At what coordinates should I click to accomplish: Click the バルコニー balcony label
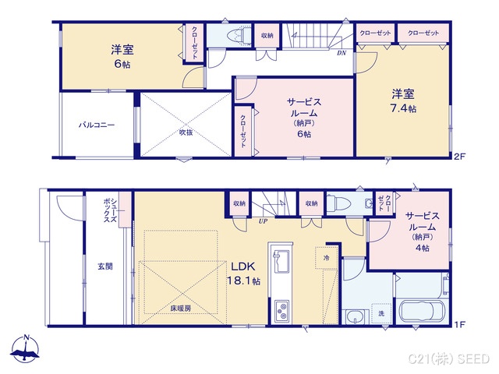pos(95,125)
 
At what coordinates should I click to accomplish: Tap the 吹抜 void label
pos(185,132)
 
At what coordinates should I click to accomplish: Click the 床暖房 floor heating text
pos(181,309)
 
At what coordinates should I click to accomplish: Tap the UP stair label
pos(264,221)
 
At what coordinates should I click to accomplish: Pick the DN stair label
pos(342,54)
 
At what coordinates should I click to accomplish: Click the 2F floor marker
pos(459,156)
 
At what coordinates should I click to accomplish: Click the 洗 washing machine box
pos(381,312)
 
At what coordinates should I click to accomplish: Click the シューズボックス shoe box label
pos(109,210)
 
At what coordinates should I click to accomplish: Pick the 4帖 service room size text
pos(422,248)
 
